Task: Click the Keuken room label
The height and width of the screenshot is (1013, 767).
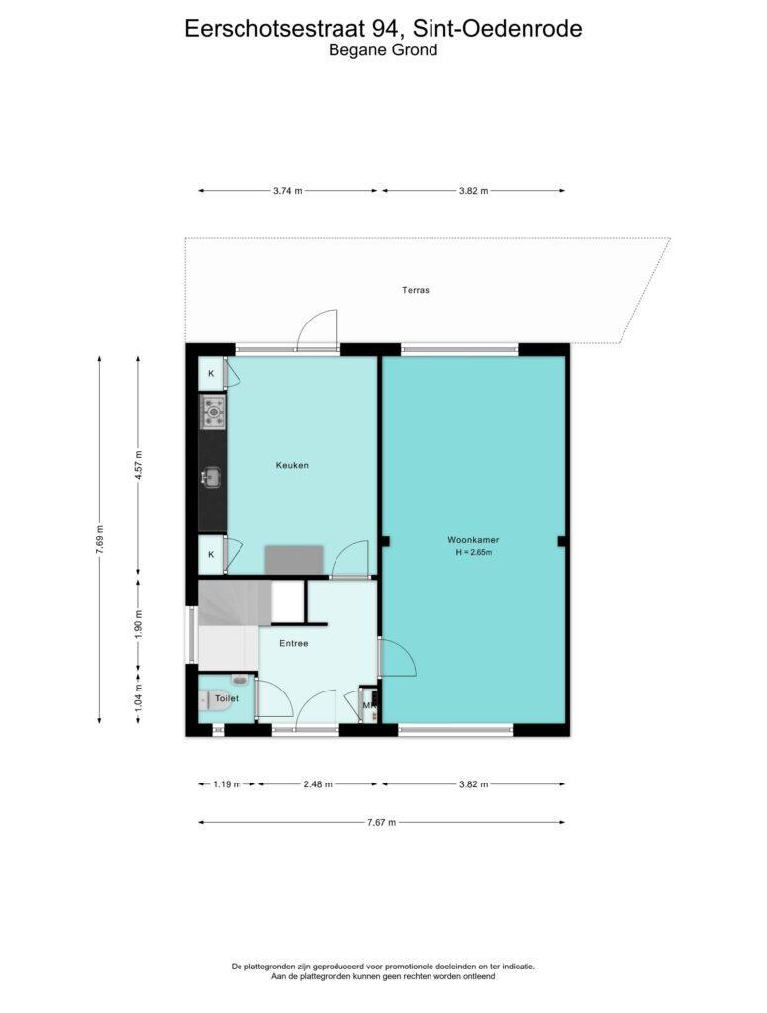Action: click(x=292, y=465)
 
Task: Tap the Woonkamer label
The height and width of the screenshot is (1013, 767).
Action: click(x=473, y=540)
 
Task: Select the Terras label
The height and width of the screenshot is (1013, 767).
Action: click(x=416, y=290)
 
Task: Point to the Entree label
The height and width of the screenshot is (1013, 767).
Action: click(x=293, y=643)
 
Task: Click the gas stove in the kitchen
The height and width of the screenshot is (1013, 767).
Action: click(x=213, y=413)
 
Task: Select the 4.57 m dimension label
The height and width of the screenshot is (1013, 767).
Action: click(x=137, y=465)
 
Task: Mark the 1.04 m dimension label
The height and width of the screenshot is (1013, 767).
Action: click(x=138, y=697)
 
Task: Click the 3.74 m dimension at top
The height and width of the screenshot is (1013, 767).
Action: click(x=288, y=191)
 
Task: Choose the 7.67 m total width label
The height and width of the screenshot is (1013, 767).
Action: click(x=381, y=822)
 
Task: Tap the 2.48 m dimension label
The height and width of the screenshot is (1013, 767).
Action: click(x=318, y=784)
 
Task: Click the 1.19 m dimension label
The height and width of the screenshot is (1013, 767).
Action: click(x=227, y=784)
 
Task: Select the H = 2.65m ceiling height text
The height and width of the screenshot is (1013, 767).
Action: click(x=474, y=552)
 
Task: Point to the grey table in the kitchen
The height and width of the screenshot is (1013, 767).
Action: click(x=294, y=560)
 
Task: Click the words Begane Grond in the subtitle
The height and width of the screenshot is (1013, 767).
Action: click(x=383, y=49)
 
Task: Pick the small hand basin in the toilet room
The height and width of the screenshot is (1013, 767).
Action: click(x=240, y=679)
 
